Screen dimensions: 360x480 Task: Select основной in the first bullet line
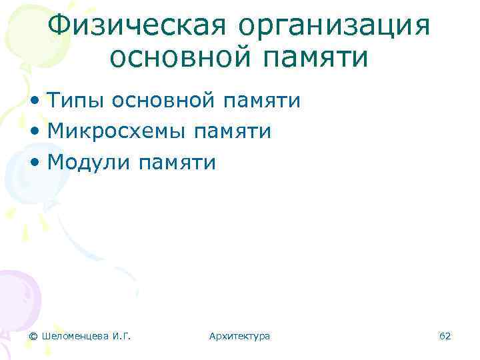(x=163, y=101)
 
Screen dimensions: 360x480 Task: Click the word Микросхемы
(x=117, y=132)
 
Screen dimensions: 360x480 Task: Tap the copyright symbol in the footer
(x=33, y=336)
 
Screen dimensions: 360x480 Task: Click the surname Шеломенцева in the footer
(x=76, y=336)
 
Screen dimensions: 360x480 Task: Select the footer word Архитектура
(x=239, y=336)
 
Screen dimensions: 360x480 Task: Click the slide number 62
(x=445, y=336)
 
